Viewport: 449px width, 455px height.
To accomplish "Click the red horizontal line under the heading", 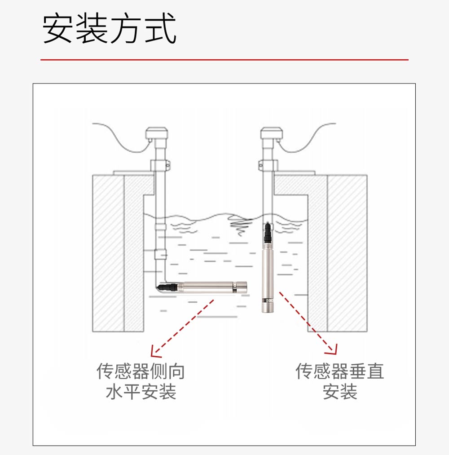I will [x=224, y=59].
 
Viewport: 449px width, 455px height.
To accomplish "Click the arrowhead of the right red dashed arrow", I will [x=333, y=349].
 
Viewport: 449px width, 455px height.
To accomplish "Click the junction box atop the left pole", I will [x=158, y=133].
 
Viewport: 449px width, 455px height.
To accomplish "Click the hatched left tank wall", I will [x=108, y=252].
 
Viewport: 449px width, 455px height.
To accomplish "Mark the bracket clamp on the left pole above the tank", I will [x=160, y=165].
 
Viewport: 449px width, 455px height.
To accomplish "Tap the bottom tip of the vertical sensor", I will [x=268, y=310].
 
